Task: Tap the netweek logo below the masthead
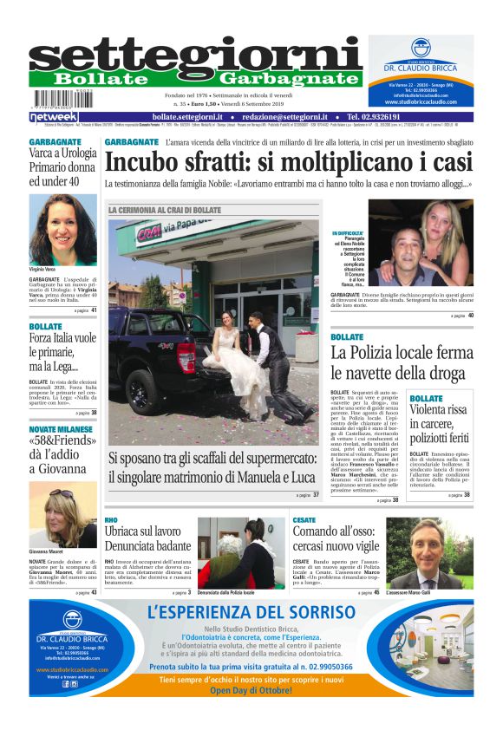(54, 117)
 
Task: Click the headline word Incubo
(144, 162)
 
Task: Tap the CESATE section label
(304, 519)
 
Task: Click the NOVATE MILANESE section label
(61, 429)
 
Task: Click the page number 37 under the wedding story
(316, 495)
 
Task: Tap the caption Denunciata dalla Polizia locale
(225, 592)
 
